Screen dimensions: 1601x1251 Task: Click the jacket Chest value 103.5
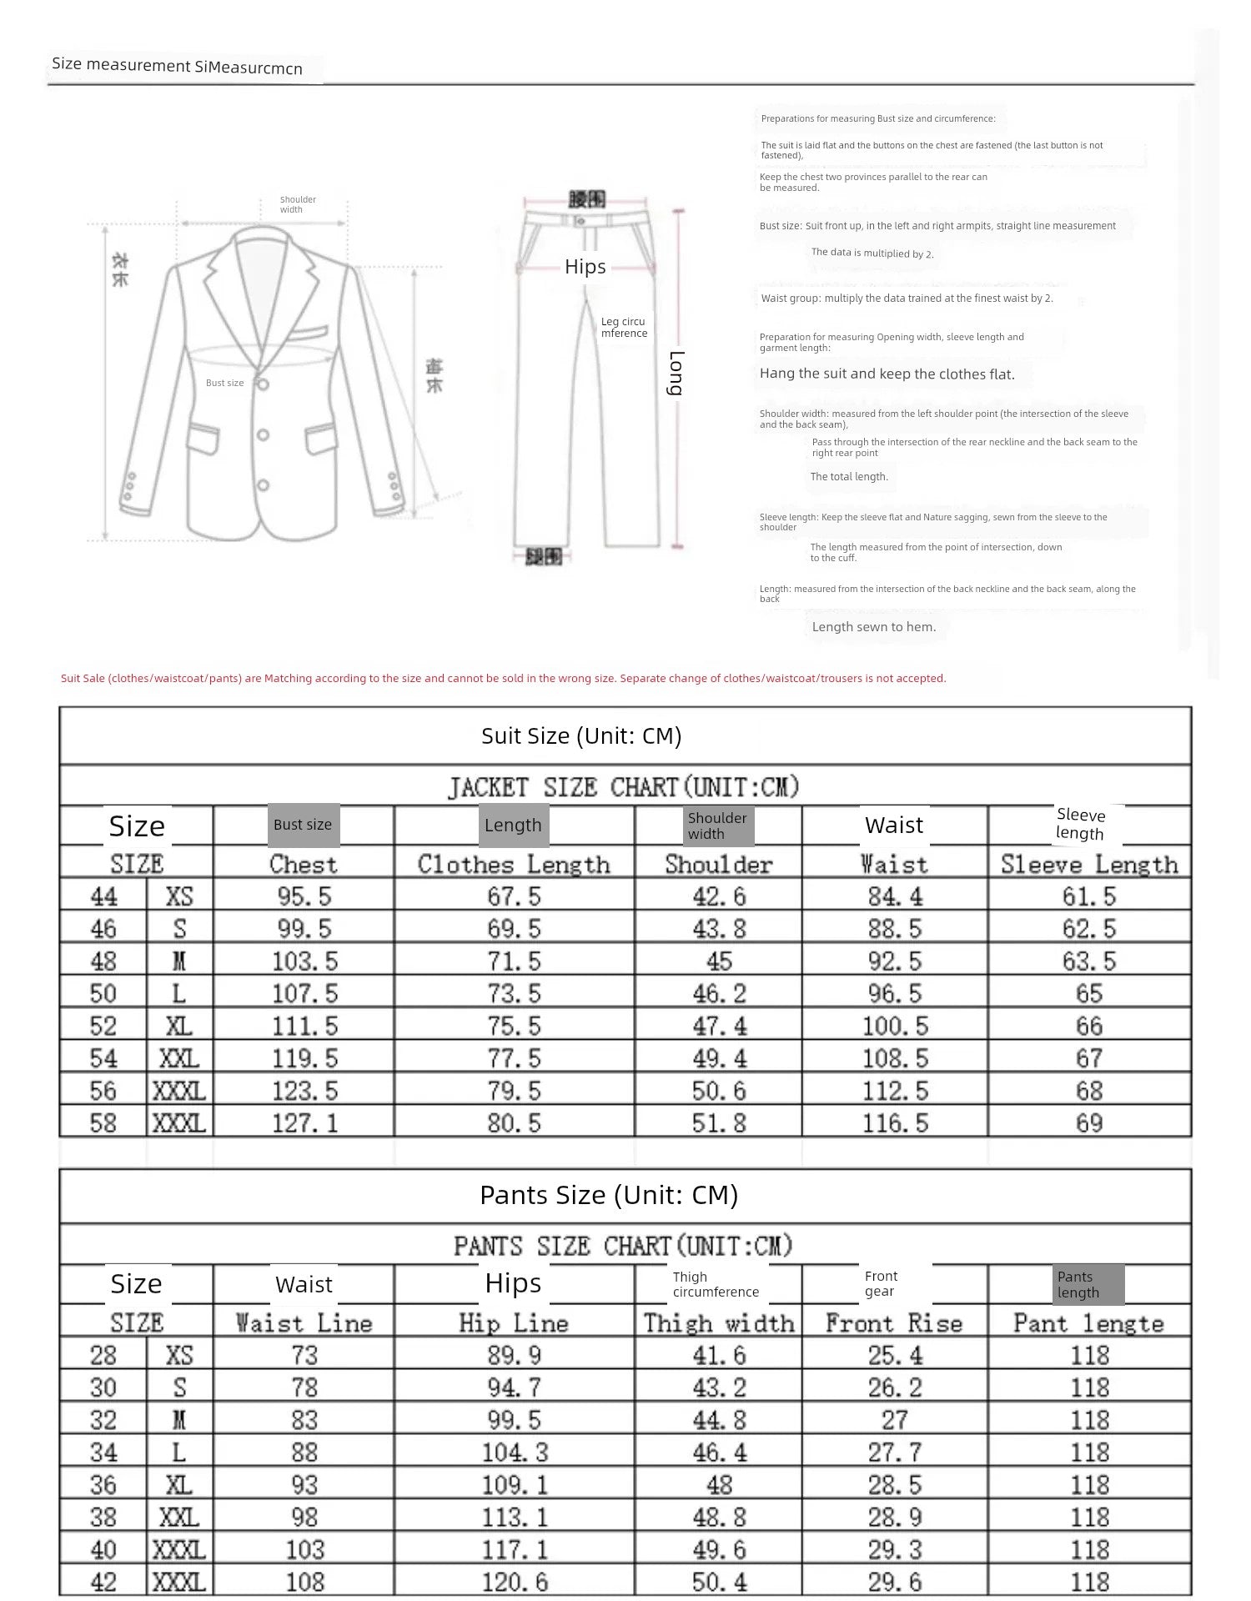304,961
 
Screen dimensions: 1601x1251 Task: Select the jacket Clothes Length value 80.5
514,1123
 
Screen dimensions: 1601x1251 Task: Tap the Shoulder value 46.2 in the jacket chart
719,994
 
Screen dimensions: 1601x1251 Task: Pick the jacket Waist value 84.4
895,897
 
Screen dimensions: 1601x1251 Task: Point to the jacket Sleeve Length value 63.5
1088,961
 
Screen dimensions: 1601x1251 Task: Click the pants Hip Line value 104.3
515,1453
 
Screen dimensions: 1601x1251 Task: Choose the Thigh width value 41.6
719,1356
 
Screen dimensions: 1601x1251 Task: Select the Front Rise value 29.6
895,1582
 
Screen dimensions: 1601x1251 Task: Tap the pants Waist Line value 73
304,1356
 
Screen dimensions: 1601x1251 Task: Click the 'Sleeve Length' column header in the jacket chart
1089,865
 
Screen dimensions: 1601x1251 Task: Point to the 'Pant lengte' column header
1088,1323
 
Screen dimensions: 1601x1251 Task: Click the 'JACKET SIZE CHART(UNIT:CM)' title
624,787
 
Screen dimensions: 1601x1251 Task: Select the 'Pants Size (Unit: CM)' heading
609,1195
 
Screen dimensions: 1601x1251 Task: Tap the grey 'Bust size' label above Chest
303,825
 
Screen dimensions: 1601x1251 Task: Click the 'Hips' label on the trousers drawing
585,267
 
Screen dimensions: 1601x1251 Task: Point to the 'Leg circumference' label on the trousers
624,328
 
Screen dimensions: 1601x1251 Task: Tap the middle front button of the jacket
263,435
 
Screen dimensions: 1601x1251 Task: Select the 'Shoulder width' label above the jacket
298,204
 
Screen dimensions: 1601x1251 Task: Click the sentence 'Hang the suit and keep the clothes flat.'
887,374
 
